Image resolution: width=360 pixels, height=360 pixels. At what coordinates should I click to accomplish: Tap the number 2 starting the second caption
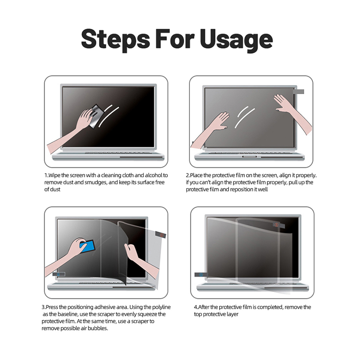point(188,175)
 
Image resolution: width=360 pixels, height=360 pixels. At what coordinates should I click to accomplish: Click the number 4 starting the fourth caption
point(195,307)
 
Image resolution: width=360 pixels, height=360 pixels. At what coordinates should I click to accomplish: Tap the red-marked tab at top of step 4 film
point(277,224)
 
